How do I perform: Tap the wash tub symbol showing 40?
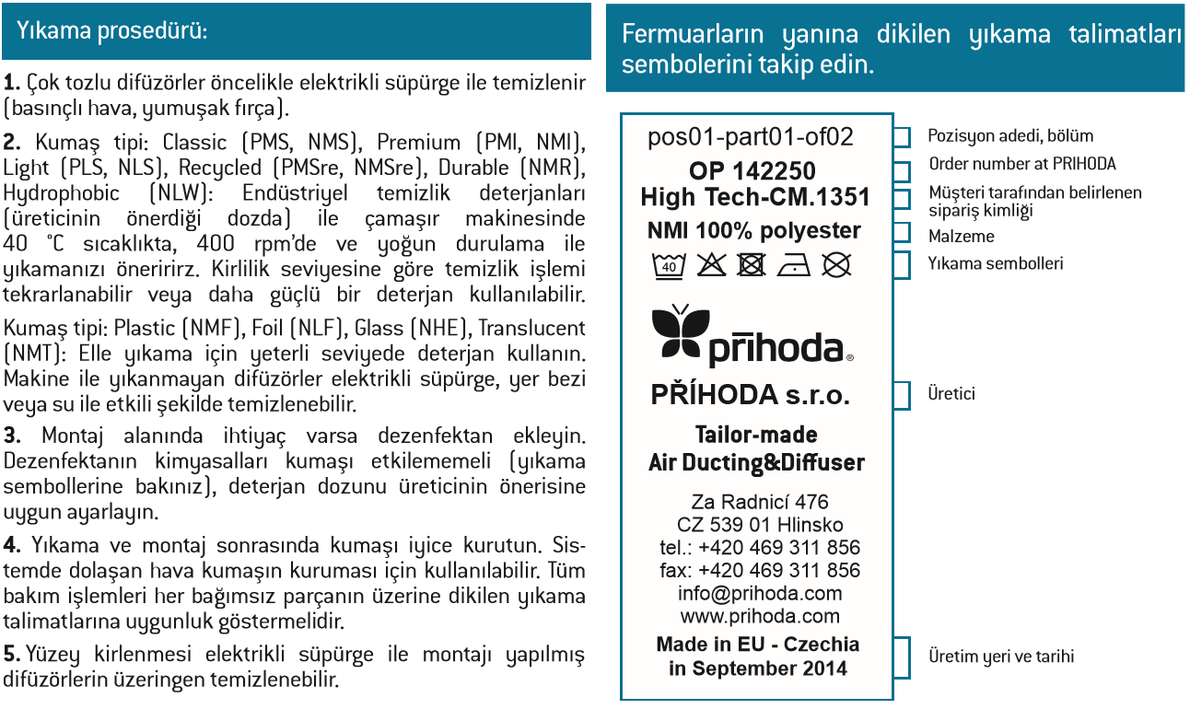pos(668,266)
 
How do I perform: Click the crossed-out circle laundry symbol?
pos(835,266)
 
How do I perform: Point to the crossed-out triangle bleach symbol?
pos(710,266)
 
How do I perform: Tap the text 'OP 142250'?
pos(752,171)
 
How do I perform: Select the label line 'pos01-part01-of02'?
pos(751,137)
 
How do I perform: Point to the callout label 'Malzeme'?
pos(961,237)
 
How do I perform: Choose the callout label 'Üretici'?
pos(951,394)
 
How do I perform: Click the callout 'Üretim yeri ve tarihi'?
pos(1000,657)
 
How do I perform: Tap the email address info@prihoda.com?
pos(760,593)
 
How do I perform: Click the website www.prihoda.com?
pos(760,616)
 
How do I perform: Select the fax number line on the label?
pos(760,570)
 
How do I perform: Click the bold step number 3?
pos(10,435)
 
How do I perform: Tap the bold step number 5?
pos(11,655)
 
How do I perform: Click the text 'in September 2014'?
pos(757,668)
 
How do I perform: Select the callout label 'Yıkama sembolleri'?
pos(995,263)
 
